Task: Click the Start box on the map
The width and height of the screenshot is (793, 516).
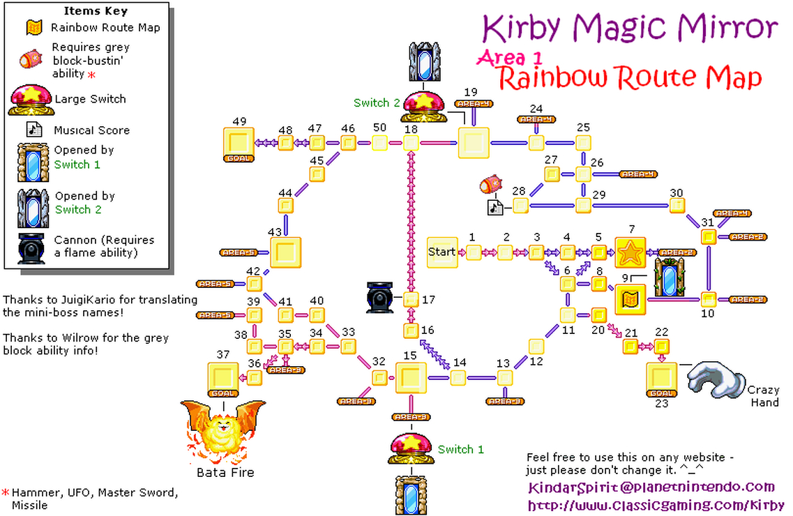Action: tap(442, 252)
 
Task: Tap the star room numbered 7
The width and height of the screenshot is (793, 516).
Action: tap(632, 252)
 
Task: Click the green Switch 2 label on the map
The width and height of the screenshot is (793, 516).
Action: tap(377, 103)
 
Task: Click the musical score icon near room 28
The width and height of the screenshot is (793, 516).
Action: tap(495, 207)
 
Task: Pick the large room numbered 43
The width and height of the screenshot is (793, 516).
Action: tap(285, 252)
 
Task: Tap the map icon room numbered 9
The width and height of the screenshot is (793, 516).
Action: tap(630, 300)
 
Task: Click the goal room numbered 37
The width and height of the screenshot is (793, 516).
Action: tap(223, 378)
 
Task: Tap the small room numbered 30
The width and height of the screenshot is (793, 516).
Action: tap(677, 206)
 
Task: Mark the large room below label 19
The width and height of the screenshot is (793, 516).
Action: tap(474, 144)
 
